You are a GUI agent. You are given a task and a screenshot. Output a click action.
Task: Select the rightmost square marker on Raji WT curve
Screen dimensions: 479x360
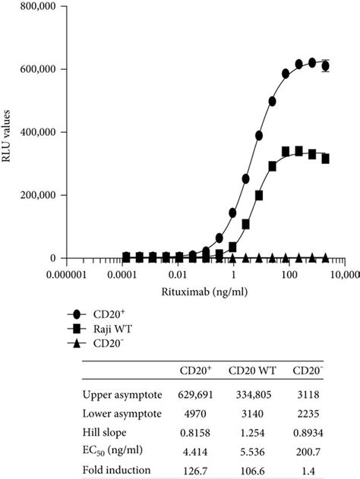click(x=326, y=159)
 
